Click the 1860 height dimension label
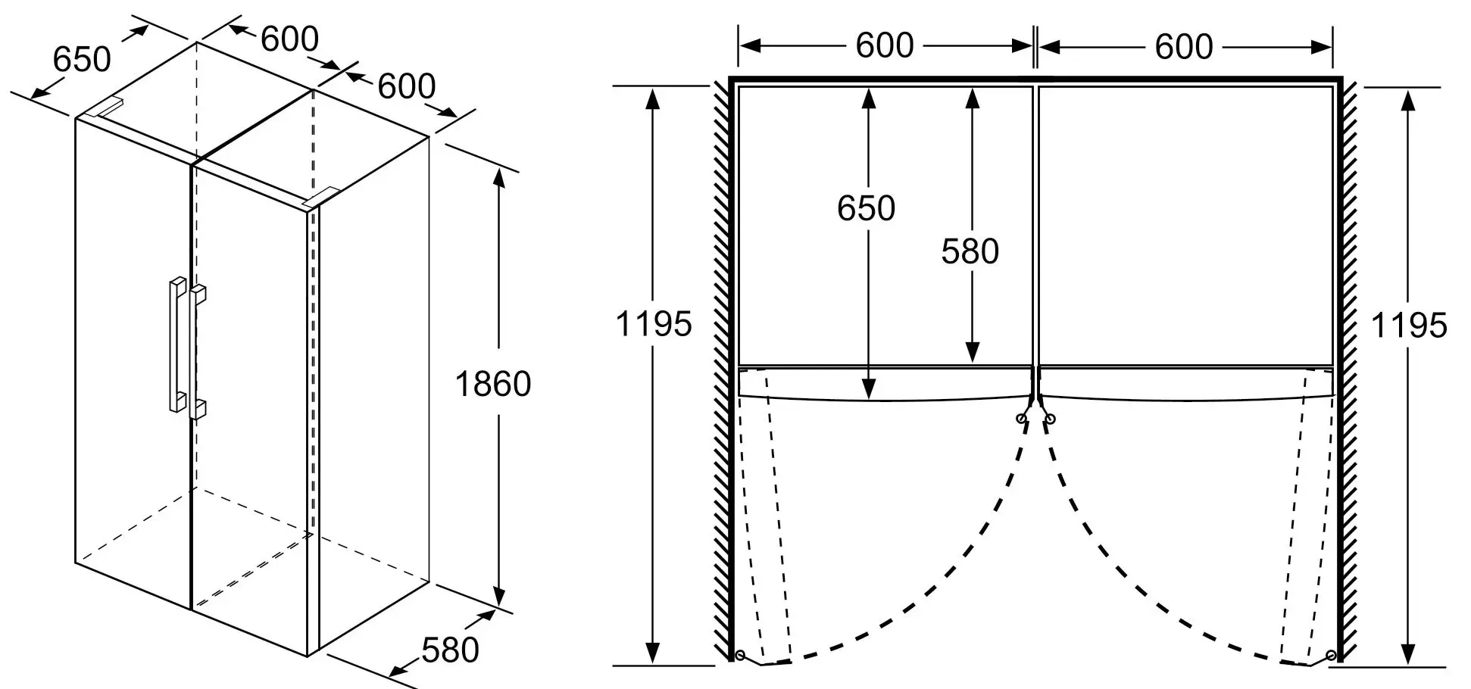tap(492, 385)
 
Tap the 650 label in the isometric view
tap(82, 59)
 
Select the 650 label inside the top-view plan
tap(866, 207)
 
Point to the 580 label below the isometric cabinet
tap(450, 650)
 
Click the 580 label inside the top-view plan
tap(970, 251)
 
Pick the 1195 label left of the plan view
tap(653, 324)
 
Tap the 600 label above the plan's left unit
tap(885, 46)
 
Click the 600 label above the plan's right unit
tap(1184, 47)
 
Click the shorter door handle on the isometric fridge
tap(198, 352)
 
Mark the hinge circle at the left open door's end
tap(739, 655)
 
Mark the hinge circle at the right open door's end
tap(1331, 655)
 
